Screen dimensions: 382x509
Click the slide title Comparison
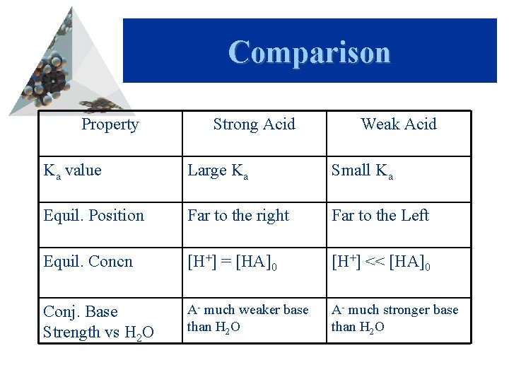click(309, 52)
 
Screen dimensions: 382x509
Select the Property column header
click(110, 125)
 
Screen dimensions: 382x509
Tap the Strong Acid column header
click(254, 125)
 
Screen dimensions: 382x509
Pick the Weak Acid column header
click(399, 125)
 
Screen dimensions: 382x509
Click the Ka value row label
click(72, 170)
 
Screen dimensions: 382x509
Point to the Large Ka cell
click(218, 171)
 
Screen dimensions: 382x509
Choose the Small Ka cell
click(362, 171)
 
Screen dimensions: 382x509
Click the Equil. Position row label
click(93, 216)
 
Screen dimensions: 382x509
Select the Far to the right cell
click(238, 216)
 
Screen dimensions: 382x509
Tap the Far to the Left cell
click(380, 216)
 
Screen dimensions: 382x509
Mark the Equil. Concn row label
click(88, 262)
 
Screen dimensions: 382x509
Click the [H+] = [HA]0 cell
click(233, 263)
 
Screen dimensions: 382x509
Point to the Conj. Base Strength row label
click(98, 321)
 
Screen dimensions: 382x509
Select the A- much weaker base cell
click(247, 318)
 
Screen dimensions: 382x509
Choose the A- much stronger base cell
click(394, 318)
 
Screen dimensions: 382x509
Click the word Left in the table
click(414, 216)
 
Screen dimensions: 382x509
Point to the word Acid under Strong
click(279, 125)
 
